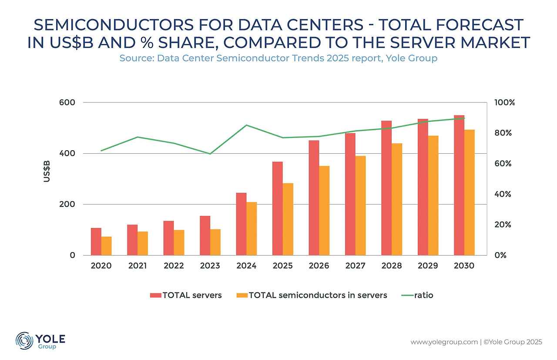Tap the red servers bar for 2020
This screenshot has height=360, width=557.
96,242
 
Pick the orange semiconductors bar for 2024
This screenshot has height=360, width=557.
252,229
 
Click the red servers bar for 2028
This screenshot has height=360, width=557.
386,188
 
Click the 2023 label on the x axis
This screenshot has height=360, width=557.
210,266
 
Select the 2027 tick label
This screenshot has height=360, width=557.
355,266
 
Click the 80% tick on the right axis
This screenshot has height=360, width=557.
504,133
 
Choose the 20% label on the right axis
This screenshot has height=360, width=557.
504,225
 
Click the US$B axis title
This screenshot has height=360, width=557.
47,172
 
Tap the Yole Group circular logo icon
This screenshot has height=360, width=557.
24,340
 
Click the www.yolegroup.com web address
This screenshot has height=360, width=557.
444,342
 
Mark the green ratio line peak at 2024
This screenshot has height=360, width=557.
246,125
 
